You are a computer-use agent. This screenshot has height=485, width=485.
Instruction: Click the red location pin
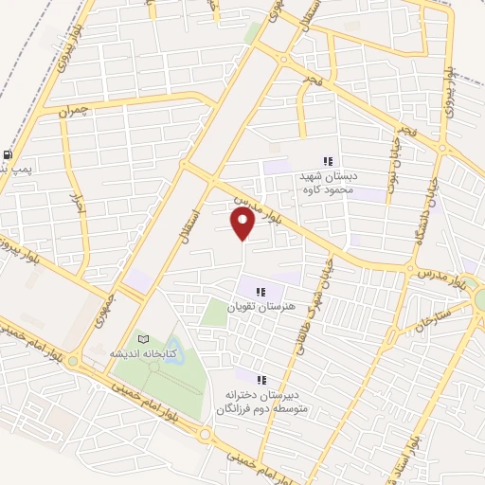click(x=243, y=224)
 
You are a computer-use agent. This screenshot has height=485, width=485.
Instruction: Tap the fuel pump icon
click(x=9, y=154)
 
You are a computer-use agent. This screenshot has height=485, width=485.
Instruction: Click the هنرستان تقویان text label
click(x=262, y=307)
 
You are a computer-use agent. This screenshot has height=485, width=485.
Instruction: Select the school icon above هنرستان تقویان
click(x=262, y=291)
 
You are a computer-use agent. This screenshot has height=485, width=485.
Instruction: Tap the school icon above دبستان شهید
click(x=328, y=161)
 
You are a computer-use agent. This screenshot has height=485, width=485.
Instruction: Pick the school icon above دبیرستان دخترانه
click(x=261, y=379)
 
